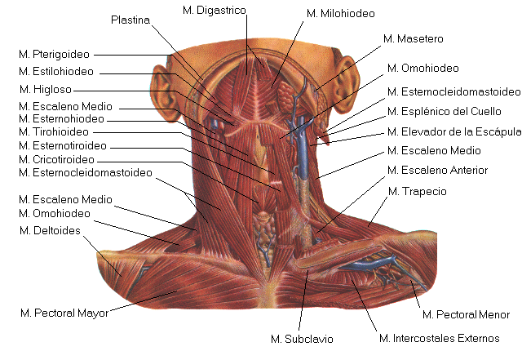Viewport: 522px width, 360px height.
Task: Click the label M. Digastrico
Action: [x=214, y=9]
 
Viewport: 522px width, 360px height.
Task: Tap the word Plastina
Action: [x=130, y=20]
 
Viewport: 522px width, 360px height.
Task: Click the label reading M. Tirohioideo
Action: [x=58, y=131]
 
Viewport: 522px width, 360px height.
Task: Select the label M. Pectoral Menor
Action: [x=466, y=314]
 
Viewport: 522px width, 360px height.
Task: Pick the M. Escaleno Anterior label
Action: [x=438, y=171]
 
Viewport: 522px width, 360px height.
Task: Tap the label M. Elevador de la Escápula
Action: [x=453, y=131]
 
